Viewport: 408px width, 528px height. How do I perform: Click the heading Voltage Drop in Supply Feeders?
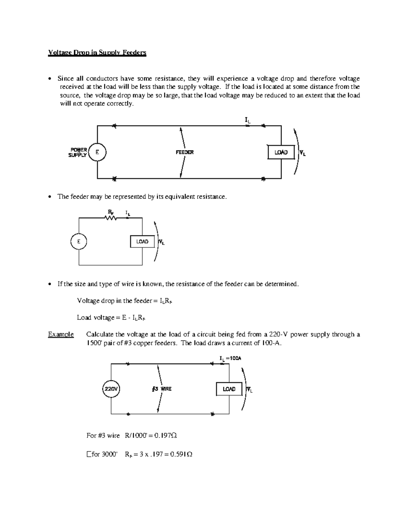click(97, 53)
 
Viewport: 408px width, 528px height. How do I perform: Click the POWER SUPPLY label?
click(78, 152)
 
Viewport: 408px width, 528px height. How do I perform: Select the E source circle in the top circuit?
click(98, 152)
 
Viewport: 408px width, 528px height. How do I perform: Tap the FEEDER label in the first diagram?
click(185, 152)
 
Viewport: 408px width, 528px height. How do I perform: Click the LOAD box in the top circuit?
click(281, 152)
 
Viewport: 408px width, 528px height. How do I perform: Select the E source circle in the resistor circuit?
click(79, 242)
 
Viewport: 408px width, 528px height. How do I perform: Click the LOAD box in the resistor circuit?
click(142, 242)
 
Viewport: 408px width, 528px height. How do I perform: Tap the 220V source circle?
click(111, 389)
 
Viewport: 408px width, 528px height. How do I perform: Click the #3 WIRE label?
click(162, 389)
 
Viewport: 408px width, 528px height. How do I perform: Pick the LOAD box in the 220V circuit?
click(229, 389)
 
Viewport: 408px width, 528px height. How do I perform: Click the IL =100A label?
click(230, 358)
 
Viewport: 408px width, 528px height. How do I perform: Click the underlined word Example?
click(61, 335)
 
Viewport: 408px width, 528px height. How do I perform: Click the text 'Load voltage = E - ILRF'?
click(111, 318)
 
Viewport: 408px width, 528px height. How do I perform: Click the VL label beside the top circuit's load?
click(302, 153)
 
